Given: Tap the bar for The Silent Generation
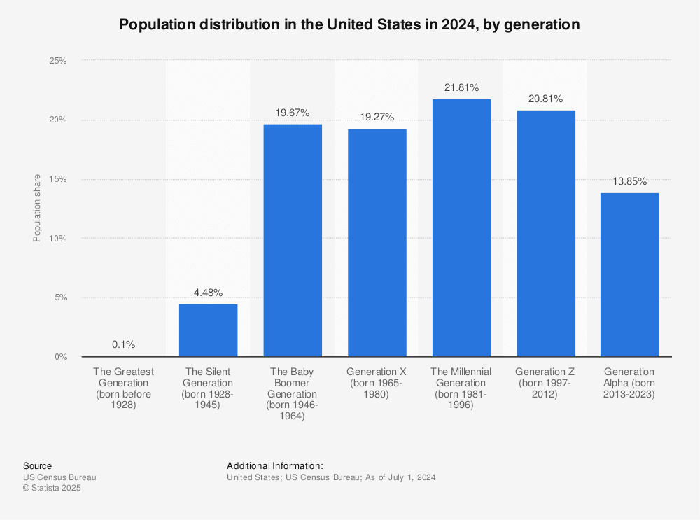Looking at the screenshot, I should tap(208, 330).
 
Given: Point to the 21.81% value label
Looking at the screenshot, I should tap(461, 88).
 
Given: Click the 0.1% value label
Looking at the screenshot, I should tap(124, 345).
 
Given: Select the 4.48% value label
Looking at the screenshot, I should tap(208, 293).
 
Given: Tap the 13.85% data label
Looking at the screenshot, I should tap(629, 181).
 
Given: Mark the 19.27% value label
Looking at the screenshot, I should tap(377, 117).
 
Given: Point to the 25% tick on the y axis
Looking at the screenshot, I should tap(57, 61).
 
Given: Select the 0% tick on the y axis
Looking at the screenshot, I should tap(60, 357).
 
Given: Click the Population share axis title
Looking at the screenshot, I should tap(37, 209).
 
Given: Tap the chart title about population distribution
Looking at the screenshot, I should tap(349, 24).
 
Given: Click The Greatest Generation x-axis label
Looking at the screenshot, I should tap(124, 388).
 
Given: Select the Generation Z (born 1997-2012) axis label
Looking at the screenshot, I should tap(545, 383).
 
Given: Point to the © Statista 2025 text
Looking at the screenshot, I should tap(52, 489).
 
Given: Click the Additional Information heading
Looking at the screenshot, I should tap(275, 466).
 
